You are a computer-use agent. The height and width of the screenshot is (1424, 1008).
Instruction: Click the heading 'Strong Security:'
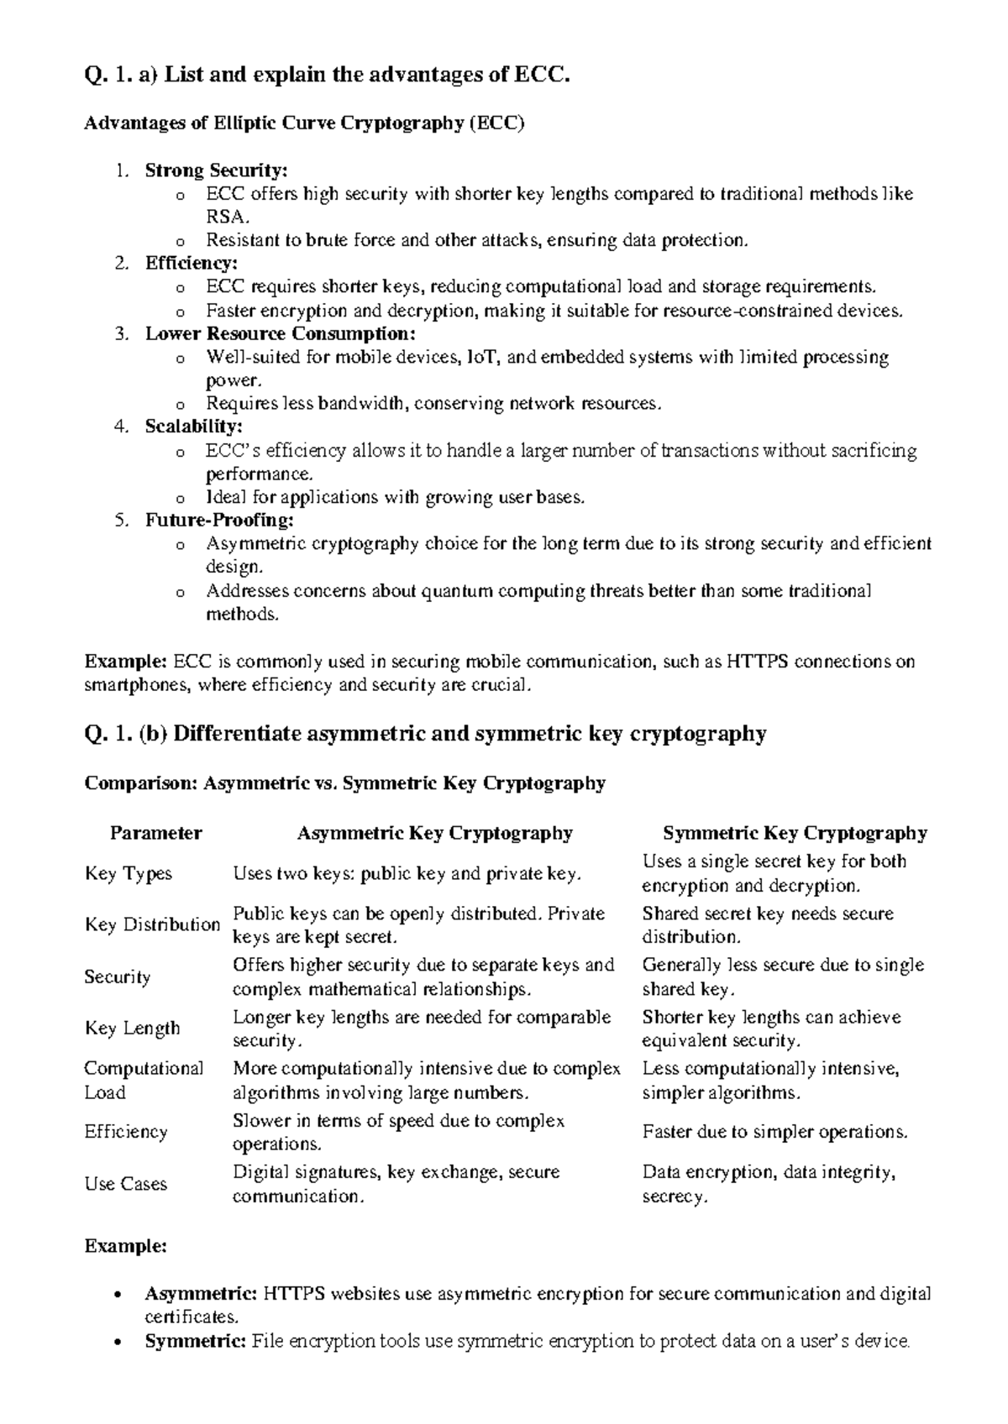coord(216,170)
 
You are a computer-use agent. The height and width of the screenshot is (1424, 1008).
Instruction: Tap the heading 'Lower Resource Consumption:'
coord(281,333)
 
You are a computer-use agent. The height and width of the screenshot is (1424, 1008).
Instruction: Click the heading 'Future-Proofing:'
coord(219,520)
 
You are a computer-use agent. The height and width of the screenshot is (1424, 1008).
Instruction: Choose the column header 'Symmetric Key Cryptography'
coord(795,833)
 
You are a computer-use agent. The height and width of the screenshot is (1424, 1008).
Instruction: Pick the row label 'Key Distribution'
coord(152,924)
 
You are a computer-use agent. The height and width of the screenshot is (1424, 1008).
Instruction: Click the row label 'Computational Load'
coord(144,1081)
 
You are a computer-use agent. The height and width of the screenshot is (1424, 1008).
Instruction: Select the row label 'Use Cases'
coord(126,1184)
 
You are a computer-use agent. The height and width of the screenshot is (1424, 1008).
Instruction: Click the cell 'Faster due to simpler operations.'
coord(774,1132)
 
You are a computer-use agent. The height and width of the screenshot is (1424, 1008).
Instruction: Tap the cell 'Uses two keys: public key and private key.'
coord(407,873)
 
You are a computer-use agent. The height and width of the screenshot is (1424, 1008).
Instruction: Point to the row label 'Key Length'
coord(132,1029)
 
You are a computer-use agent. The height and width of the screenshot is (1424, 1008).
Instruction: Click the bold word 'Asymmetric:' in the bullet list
coord(201,1294)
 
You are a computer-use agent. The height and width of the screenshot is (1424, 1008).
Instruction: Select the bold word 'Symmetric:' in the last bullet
coord(195,1341)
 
